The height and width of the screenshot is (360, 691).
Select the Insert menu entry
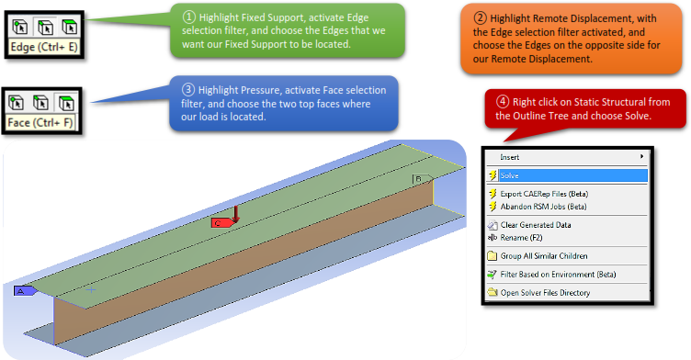[x=509, y=157]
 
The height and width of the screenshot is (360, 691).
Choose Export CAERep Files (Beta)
[x=544, y=194]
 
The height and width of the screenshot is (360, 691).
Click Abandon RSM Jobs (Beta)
[x=543, y=207]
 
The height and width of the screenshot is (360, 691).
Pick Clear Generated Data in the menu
[x=535, y=225]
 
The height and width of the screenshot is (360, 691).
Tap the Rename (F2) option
[x=521, y=238]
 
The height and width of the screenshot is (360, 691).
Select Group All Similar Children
[x=543, y=256]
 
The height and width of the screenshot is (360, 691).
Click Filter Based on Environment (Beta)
[x=558, y=275]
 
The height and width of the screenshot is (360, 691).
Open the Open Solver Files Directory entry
[x=545, y=293]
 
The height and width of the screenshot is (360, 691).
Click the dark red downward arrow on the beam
[x=236, y=214]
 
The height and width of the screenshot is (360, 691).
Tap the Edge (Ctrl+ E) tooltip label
[x=43, y=47]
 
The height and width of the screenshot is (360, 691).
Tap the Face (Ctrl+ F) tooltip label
[x=40, y=122]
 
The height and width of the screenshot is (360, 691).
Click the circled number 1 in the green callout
[x=189, y=17]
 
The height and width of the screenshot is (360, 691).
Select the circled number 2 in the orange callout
[x=480, y=18]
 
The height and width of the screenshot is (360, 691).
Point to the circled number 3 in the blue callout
[x=188, y=89]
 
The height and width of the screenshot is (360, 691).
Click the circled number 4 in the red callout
[x=503, y=102]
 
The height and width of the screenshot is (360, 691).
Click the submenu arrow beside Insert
[x=641, y=156]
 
